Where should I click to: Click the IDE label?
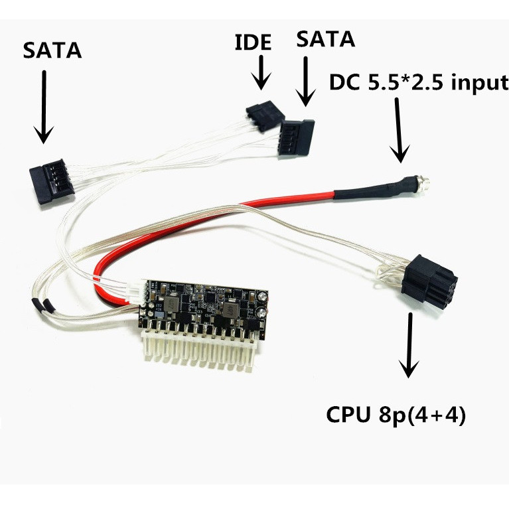click(x=253, y=42)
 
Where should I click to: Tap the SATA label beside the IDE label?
click(x=325, y=38)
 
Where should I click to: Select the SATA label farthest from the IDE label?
click(x=52, y=50)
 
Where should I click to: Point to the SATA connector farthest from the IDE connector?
click(x=52, y=181)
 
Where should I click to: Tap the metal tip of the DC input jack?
click(x=425, y=181)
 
